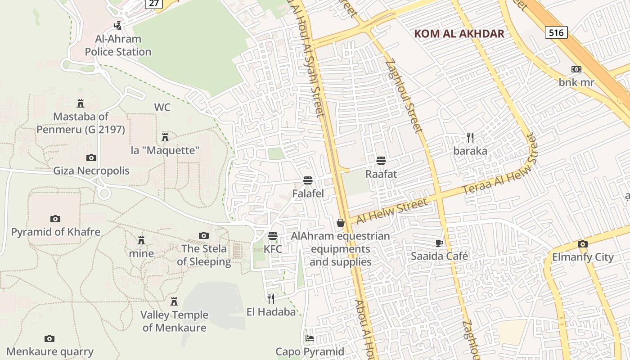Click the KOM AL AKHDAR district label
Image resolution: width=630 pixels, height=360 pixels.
click(459, 34)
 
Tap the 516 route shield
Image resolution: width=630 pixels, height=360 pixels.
click(556, 32)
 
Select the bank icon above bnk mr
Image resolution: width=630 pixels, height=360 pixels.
click(576, 69)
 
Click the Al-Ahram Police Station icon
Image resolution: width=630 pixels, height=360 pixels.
click(118, 26)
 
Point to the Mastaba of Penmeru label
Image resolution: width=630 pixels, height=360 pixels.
click(81, 123)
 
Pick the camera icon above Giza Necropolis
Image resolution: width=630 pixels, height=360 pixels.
click(91, 157)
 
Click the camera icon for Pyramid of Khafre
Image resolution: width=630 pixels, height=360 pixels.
click(55, 219)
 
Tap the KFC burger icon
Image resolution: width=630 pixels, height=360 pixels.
click(272, 236)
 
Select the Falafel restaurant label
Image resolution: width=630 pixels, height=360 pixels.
click(308, 193)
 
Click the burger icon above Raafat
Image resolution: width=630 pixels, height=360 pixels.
click(381, 161)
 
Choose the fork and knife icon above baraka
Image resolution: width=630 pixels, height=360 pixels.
click(470, 138)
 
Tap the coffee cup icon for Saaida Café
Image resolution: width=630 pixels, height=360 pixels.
click(439, 243)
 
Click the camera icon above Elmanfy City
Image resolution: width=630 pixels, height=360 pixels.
click(583, 244)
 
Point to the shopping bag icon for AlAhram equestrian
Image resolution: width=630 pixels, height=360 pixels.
click(341, 223)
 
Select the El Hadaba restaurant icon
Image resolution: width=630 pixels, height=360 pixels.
click(271, 298)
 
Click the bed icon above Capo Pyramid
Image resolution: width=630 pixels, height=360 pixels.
click(310, 338)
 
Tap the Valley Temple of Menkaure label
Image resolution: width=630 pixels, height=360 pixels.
click(174, 321)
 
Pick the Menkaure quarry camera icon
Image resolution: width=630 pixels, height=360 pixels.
click(49, 338)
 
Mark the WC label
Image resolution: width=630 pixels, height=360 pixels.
click(162, 107)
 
